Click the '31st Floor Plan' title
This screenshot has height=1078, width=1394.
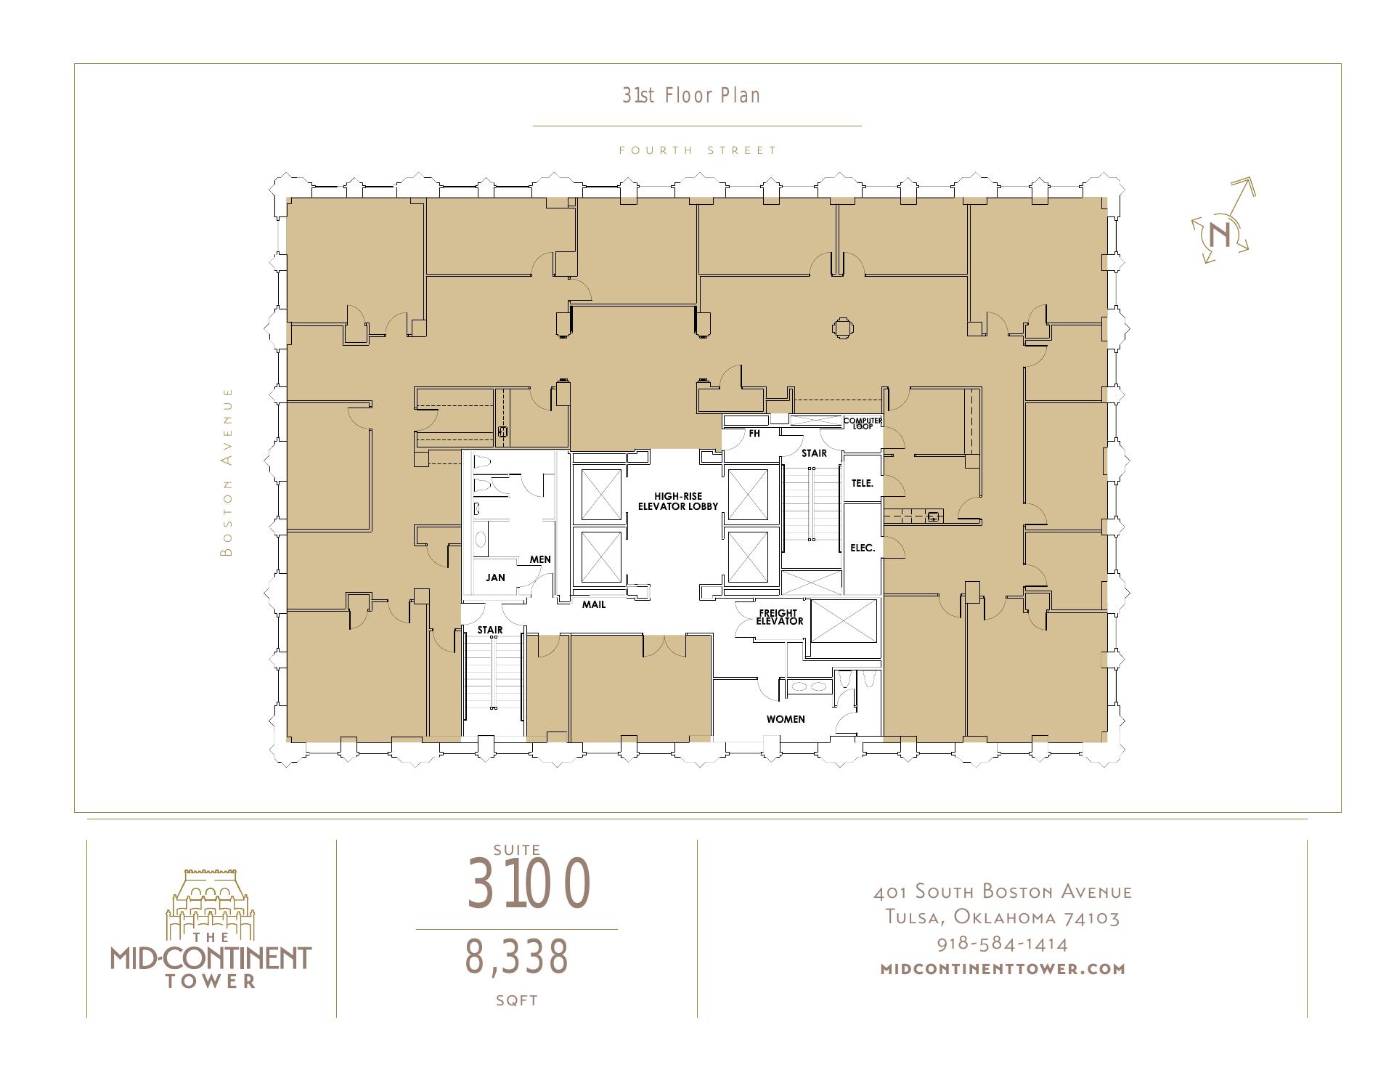click(x=691, y=95)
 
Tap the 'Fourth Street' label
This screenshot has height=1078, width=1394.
click(x=698, y=150)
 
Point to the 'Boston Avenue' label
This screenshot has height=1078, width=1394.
click(x=227, y=472)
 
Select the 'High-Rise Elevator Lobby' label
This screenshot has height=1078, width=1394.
click(x=677, y=501)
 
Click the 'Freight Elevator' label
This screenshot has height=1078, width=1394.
click(x=780, y=617)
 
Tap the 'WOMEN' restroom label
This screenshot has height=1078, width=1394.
click(x=786, y=719)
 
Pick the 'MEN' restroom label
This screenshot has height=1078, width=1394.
click(x=540, y=559)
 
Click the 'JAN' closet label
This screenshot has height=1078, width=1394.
click(x=495, y=578)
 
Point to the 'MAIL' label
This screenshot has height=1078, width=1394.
click(x=594, y=604)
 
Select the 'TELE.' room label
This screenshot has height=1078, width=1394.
click(x=863, y=483)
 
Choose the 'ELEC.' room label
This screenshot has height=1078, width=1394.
click(x=863, y=548)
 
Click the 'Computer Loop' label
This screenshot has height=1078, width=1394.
click(x=863, y=423)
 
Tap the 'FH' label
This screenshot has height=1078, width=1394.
click(x=754, y=434)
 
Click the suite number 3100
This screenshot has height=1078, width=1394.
click(x=529, y=883)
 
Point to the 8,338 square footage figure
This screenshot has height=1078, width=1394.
click(x=516, y=956)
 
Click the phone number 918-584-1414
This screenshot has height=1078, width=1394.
click(x=1003, y=944)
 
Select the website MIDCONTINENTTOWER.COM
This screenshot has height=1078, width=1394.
click(x=1003, y=968)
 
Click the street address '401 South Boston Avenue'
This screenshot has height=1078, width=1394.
click(x=1003, y=891)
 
